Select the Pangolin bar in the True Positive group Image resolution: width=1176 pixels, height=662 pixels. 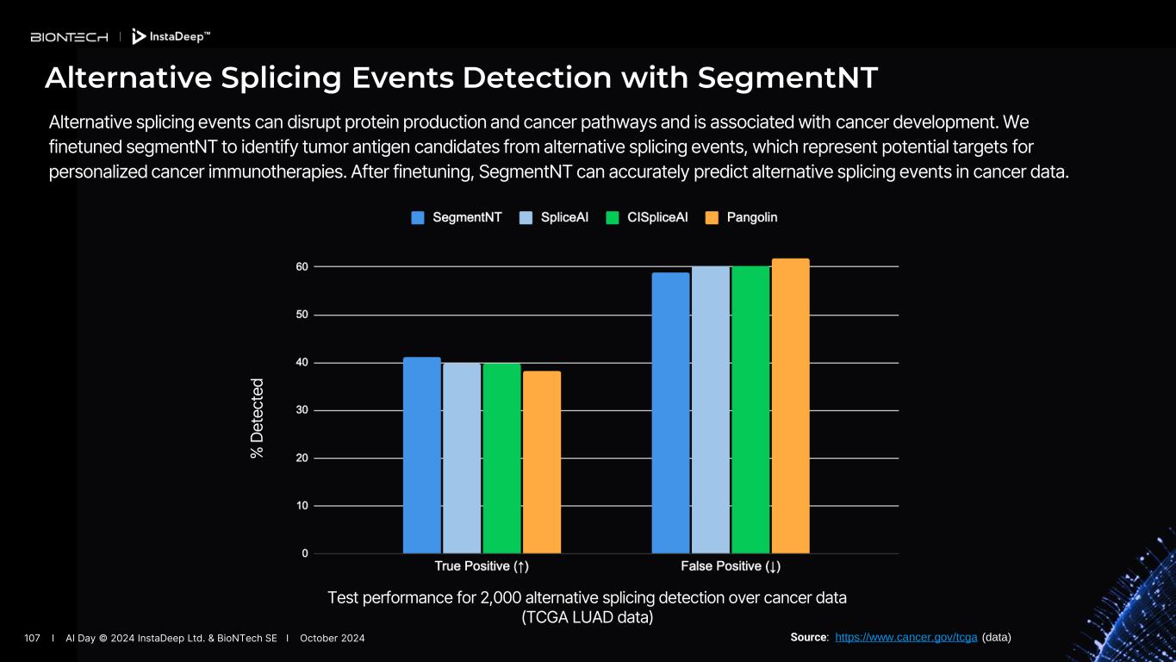click(541, 462)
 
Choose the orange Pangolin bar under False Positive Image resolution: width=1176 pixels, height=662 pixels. click(790, 406)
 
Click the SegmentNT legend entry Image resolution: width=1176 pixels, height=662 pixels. click(457, 218)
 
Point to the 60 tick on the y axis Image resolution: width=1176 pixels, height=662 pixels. click(302, 267)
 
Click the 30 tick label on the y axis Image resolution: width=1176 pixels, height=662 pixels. click(302, 410)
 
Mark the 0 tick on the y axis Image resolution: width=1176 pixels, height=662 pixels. click(305, 553)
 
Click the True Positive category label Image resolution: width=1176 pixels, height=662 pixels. click(481, 566)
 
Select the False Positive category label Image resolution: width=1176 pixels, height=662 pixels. click(731, 566)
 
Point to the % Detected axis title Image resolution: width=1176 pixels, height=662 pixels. click(257, 418)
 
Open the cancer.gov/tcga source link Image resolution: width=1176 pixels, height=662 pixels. click(905, 638)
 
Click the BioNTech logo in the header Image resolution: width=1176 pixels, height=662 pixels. click(69, 37)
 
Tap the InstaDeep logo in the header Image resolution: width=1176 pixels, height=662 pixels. click(171, 36)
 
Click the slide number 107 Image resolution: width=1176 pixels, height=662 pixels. click(33, 638)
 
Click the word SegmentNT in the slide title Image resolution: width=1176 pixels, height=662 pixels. click(787, 78)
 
